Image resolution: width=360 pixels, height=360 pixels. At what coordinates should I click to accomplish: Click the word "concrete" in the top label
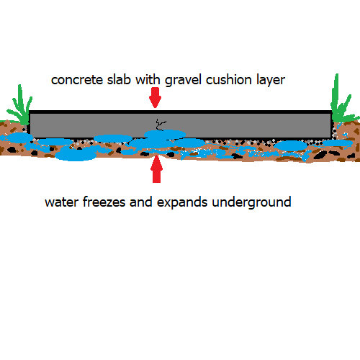click(x=77, y=80)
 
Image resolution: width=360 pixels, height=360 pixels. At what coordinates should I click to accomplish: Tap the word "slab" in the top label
click(x=119, y=79)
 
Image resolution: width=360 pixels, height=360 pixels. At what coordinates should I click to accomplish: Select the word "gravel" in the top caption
click(x=183, y=81)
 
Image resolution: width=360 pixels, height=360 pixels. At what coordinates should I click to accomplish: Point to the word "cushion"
click(x=229, y=79)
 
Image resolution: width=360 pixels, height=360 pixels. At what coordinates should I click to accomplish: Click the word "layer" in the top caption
click(x=271, y=81)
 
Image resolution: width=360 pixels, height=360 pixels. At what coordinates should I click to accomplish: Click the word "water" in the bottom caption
click(x=62, y=202)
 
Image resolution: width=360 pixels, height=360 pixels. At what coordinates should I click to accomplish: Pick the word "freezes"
click(x=104, y=202)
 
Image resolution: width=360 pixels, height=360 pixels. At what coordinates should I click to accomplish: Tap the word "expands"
click(x=182, y=202)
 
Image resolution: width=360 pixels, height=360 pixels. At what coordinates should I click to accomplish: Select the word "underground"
click(x=251, y=202)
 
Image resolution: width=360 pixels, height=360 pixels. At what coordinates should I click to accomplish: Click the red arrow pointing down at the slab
click(x=155, y=97)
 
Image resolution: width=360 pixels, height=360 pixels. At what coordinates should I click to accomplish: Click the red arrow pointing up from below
click(x=156, y=168)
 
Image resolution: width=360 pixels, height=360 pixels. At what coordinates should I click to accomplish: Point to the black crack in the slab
click(x=161, y=125)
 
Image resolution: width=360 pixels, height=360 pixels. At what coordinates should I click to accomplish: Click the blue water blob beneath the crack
click(x=165, y=134)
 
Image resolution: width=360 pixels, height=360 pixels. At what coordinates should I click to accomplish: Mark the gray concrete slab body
click(x=180, y=125)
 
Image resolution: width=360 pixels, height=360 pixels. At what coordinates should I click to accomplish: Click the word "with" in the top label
click(x=148, y=79)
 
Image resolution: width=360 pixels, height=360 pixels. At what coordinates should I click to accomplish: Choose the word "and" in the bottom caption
click(x=141, y=202)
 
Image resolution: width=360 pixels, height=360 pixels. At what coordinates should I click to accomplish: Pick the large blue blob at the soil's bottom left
click(x=76, y=154)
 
